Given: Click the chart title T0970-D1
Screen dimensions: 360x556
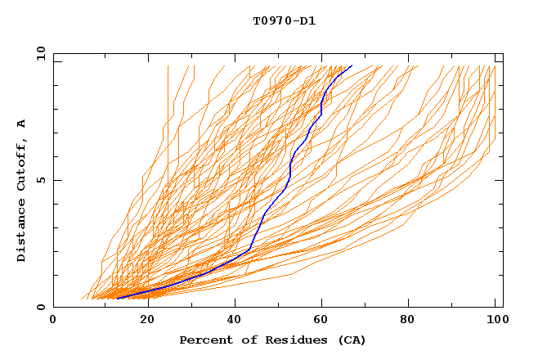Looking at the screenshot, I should [284, 20].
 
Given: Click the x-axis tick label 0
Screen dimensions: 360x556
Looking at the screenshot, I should [53, 321].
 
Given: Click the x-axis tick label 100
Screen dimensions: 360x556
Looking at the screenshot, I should [495, 321].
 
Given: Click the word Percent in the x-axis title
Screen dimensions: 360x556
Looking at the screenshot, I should [204, 340].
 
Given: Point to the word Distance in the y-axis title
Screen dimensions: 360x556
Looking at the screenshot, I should [21, 232].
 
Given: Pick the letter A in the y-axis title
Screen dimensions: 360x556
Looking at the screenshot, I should [21, 124].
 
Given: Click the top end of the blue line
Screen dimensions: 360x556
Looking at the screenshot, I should [352, 65].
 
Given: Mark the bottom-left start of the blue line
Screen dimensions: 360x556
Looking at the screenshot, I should [118, 299].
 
